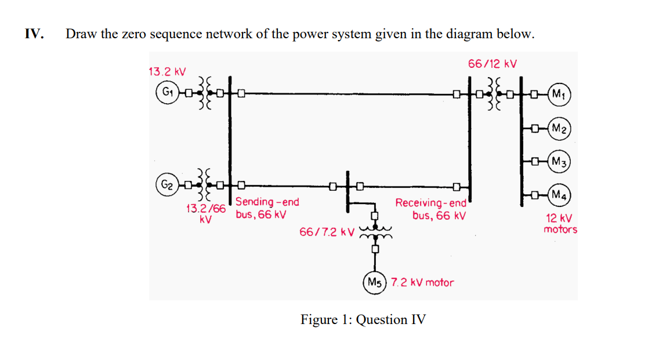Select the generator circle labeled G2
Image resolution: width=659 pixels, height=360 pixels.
pyautogui.click(x=166, y=186)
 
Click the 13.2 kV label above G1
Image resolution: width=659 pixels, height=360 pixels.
pyautogui.click(x=167, y=72)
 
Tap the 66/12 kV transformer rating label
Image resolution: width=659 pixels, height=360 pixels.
pyautogui.click(x=493, y=63)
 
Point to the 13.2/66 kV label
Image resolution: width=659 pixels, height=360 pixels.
pyautogui.click(x=205, y=213)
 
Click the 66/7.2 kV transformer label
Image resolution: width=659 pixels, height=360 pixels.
pyautogui.click(x=327, y=232)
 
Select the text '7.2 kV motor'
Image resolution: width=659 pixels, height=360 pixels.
pyautogui.click(x=422, y=282)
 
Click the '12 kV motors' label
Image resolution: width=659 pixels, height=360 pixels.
pyautogui.click(x=560, y=224)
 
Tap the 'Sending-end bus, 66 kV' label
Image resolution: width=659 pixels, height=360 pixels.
pyautogui.click(x=267, y=208)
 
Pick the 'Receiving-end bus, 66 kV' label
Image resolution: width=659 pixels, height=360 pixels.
pyautogui.click(x=431, y=209)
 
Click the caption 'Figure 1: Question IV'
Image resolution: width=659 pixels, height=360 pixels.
pyautogui.click(x=363, y=319)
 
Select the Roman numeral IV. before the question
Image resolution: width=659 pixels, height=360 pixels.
pyautogui.click(x=34, y=34)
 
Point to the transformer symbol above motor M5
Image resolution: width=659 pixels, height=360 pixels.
pyautogui.click(x=375, y=232)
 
